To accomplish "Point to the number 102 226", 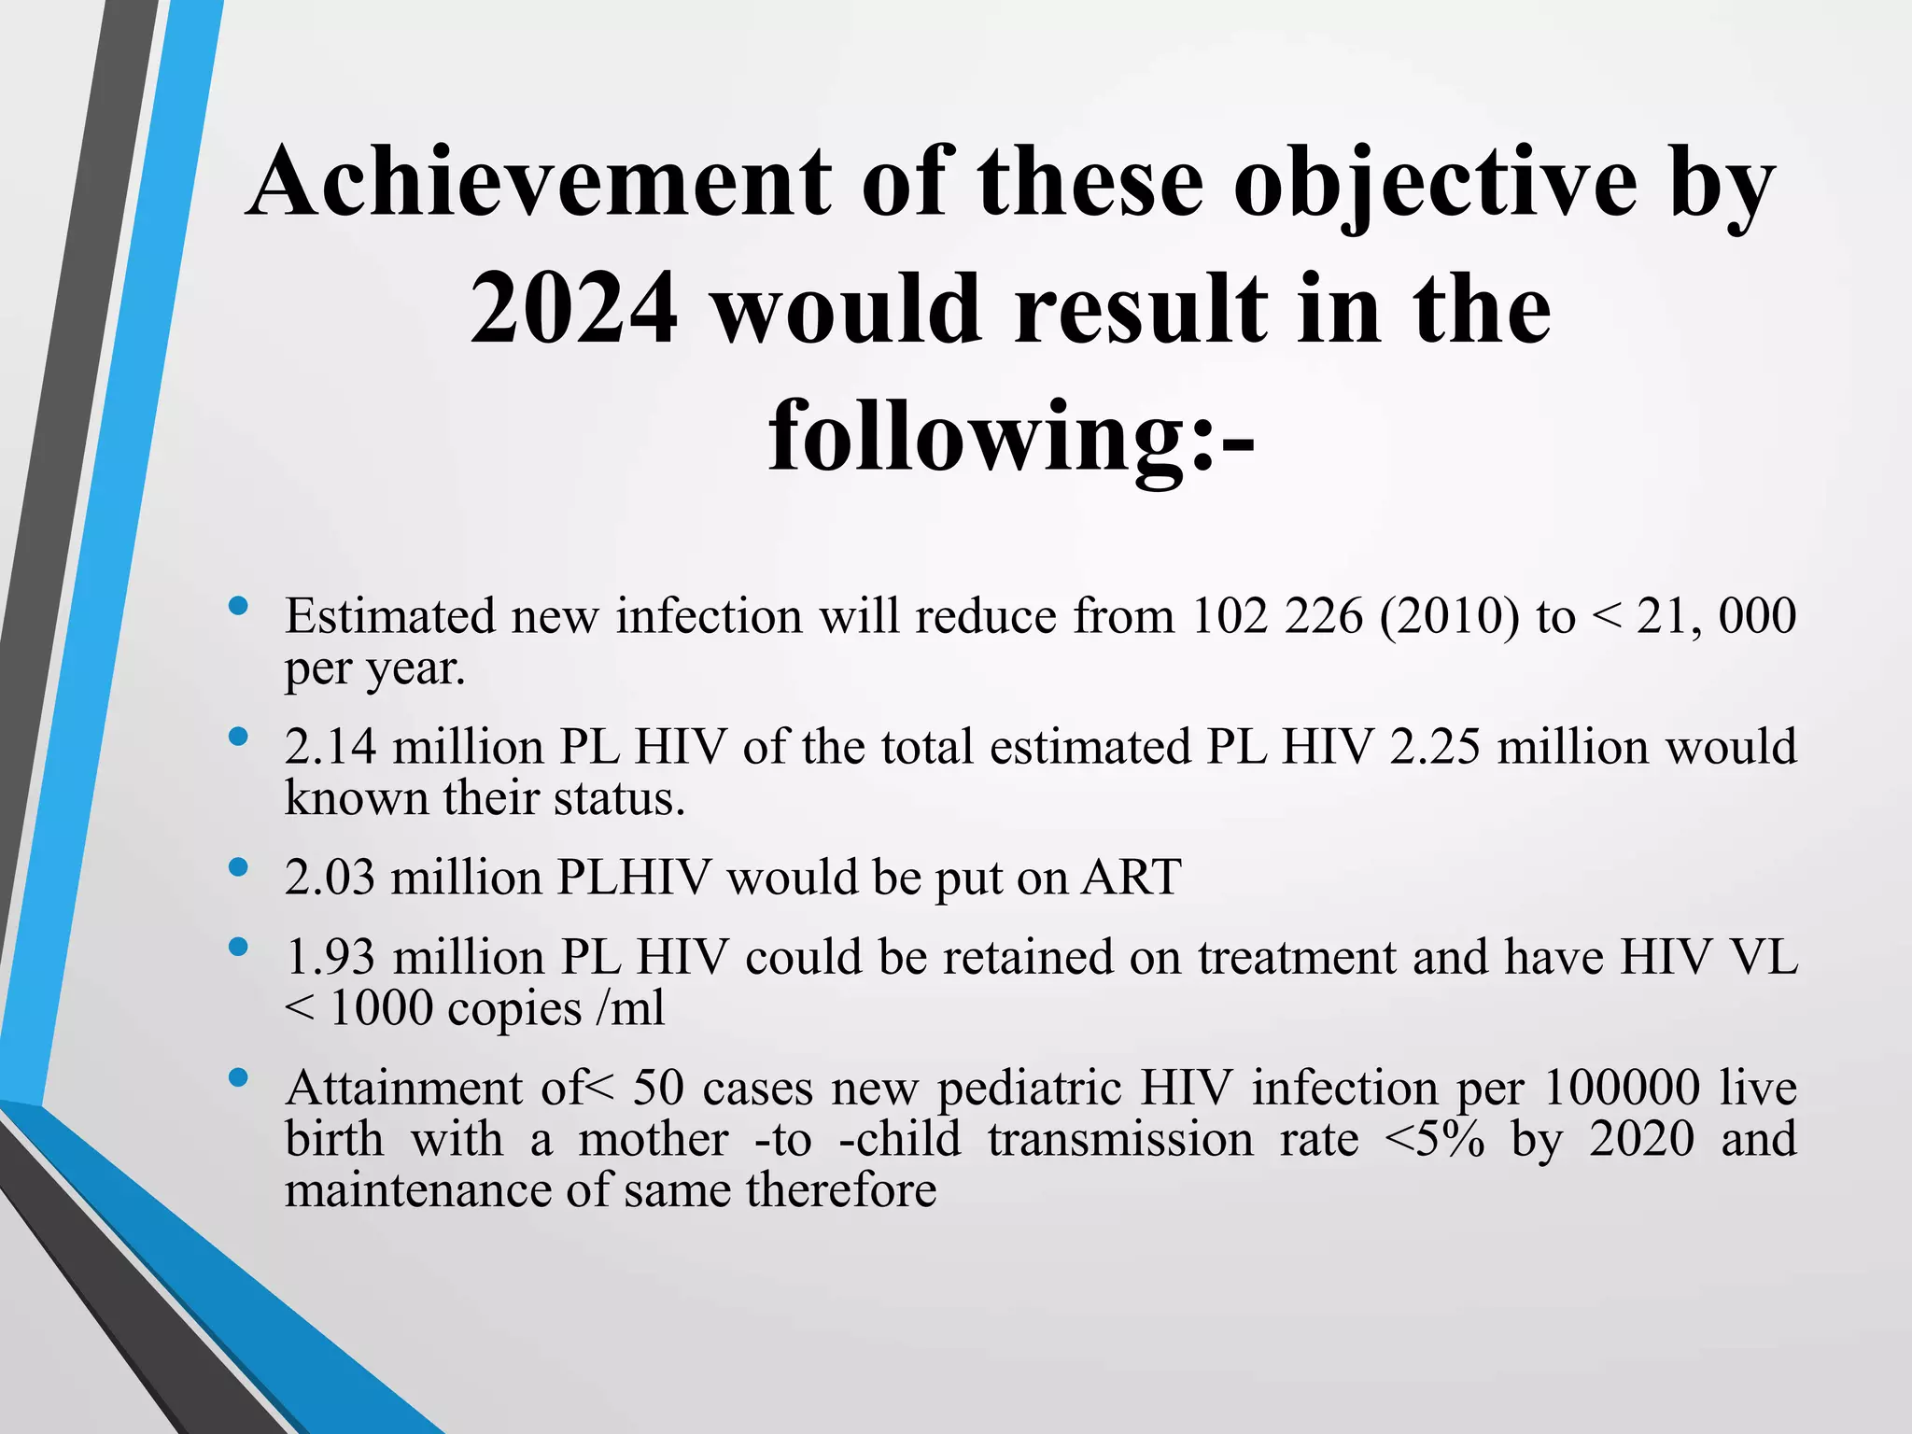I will [x=1277, y=617].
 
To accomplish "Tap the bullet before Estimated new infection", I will [x=238, y=606].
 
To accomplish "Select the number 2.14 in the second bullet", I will [x=330, y=748].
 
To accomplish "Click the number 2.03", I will [x=330, y=879].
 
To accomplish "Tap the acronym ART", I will [x=1132, y=879].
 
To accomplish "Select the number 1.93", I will [x=330, y=958].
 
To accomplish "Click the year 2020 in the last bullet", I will [x=1641, y=1140].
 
